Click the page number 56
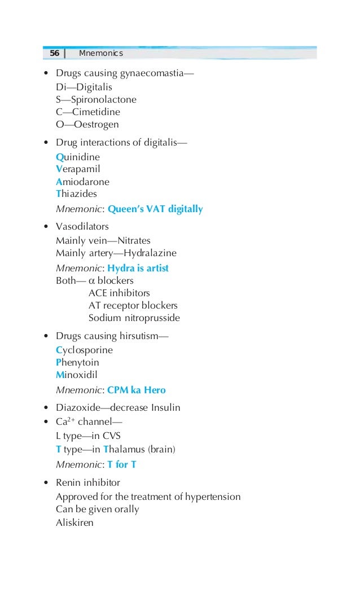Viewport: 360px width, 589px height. (x=54, y=54)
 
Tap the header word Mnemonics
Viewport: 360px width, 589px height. (x=100, y=54)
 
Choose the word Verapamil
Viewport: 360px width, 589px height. (x=78, y=169)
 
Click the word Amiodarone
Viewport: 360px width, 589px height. (x=82, y=182)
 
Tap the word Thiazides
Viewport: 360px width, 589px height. (x=76, y=194)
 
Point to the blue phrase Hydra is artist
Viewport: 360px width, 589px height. (x=138, y=268)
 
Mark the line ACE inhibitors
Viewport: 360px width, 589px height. (x=119, y=293)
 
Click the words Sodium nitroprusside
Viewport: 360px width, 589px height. (x=134, y=318)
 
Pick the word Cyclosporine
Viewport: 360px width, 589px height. (x=84, y=350)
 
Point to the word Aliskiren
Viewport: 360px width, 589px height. (x=74, y=522)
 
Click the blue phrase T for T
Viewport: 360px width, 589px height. (x=122, y=465)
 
